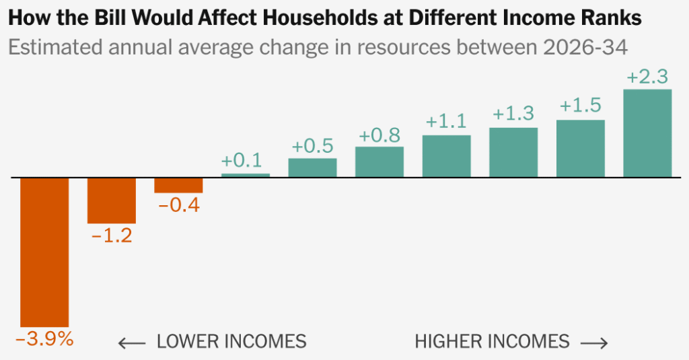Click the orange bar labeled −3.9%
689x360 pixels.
click(44, 252)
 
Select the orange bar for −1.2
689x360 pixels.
click(112, 201)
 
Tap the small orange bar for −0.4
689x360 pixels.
click(178, 186)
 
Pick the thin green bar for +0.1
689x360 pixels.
click(246, 175)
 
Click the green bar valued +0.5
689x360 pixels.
click(312, 168)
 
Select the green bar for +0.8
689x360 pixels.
click(379, 162)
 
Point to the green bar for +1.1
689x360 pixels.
click(446, 156)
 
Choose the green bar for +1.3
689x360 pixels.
click(513, 152)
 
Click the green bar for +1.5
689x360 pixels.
click(580, 149)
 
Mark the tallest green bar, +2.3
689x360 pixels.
click(647, 133)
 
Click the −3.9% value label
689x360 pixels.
click(44, 339)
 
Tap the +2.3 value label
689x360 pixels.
click(648, 77)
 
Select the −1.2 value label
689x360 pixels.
click(111, 236)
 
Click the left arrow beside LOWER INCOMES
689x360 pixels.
click(132, 343)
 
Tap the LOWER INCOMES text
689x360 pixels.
click(231, 342)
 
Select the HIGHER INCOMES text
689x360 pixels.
click(492, 342)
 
